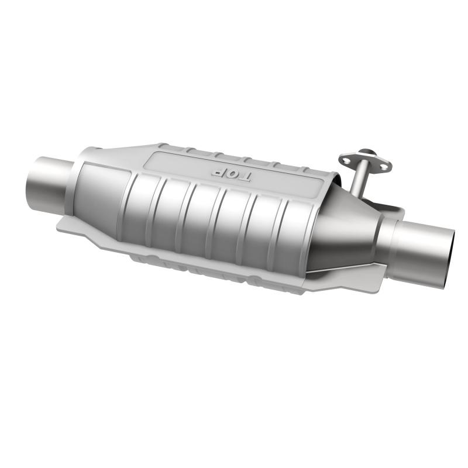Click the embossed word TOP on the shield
pos(230,174)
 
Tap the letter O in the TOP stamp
pos(230,174)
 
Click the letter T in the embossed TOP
pos(243,176)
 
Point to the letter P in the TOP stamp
pos(217,171)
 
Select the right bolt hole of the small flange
pos(383,167)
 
